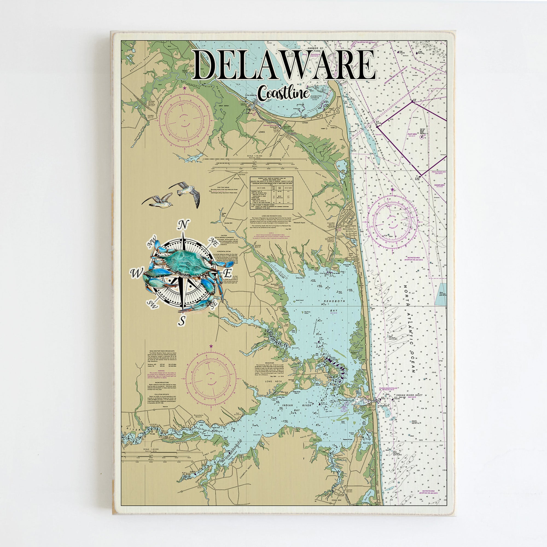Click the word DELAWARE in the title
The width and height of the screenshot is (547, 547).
(285, 65)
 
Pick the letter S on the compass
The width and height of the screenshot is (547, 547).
(182, 321)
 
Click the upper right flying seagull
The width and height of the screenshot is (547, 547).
(185, 192)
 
